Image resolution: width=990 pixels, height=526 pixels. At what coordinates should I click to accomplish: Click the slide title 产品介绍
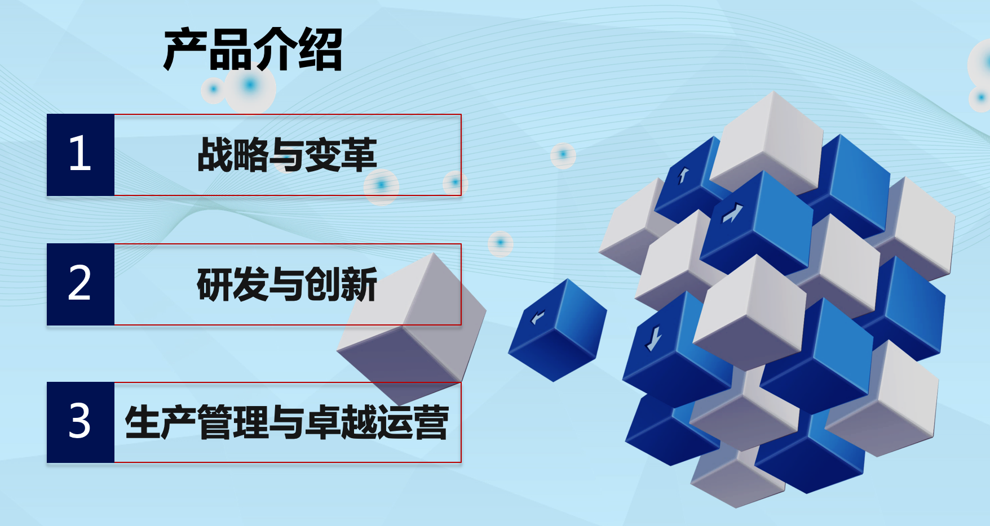253,50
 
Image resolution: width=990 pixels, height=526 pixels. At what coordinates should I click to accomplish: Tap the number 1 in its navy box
79,153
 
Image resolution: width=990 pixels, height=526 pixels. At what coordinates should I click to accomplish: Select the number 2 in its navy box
79,283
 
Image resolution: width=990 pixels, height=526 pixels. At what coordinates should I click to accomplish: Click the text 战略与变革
287,155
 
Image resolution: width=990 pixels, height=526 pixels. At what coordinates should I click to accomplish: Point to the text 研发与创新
287,284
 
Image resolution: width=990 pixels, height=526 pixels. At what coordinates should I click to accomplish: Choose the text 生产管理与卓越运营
287,422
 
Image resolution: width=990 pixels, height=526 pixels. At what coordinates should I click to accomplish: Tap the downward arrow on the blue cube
653,338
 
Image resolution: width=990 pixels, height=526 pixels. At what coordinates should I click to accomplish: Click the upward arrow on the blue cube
683,176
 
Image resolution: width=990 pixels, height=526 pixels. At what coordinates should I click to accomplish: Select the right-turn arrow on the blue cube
732,213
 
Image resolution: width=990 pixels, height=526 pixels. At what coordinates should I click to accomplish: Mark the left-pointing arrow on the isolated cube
538,318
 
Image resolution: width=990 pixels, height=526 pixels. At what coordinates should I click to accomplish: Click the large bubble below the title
250,86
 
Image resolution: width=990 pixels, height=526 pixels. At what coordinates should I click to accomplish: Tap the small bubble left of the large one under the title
213,89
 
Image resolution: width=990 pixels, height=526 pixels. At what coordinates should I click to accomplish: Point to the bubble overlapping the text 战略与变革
381,185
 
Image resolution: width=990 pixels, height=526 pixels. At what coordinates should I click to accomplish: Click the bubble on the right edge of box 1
455,182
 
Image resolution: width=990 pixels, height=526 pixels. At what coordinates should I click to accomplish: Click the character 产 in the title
185,50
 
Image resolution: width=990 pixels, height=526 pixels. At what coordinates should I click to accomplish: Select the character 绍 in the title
320,50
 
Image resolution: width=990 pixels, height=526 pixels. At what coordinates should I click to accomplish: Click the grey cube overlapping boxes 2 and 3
412,327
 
